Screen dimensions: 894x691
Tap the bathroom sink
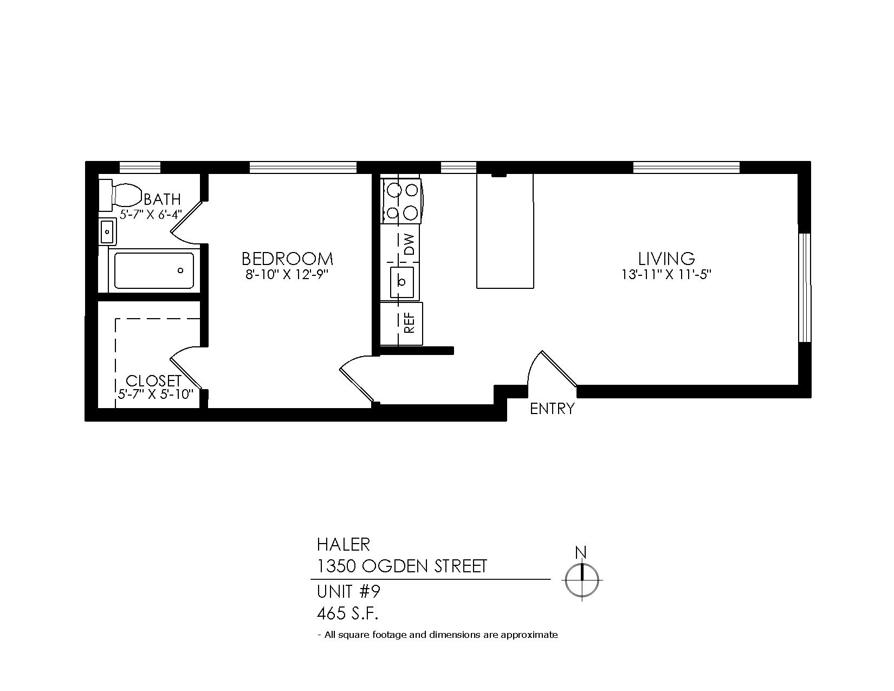[x=108, y=231]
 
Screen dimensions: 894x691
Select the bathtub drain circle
[x=180, y=270]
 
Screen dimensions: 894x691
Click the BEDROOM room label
[x=287, y=259]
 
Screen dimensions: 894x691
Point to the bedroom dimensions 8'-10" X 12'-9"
[x=287, y=275]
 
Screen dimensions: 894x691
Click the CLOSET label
[x=153, y=380]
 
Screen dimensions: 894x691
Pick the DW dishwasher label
[x=410, y=244]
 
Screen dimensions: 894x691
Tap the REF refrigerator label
[x=410, y=323]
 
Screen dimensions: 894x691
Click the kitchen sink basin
[x=402, y=282]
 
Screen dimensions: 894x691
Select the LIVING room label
[x=666, y=259]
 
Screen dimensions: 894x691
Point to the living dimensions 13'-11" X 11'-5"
[x=666, y=275]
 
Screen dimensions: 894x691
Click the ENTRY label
[x=552, y=409]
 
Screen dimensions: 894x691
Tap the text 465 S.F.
[x=348, y=613]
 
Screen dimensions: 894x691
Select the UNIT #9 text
[x=348, y=592]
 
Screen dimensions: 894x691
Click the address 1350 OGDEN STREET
[x=402, y=566]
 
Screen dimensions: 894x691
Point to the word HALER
[x=344, y=545]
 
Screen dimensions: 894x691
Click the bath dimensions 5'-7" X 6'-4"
[x=151, y=215]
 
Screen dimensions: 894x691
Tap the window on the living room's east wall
[x=804, y=288]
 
